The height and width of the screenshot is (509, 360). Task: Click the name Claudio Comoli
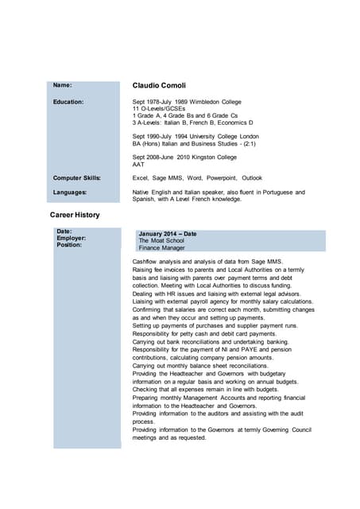coord(164,85)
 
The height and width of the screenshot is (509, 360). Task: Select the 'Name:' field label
coord(62,84)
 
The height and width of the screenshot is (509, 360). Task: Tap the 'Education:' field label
coord(68,102)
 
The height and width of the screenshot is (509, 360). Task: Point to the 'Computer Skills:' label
coord(78,177)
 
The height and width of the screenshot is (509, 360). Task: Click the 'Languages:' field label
coord(70,192)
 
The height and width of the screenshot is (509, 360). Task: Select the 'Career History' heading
coord(75,215)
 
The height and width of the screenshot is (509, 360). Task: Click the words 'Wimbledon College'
coord(215,102)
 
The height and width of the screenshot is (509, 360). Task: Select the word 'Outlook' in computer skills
coord(252,177)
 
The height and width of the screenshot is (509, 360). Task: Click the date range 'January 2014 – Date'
coord(167,233)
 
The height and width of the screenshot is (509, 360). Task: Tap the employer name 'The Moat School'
coord(163,240)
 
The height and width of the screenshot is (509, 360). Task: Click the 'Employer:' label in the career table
coord(72,238)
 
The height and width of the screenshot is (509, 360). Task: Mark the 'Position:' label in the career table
coord(71,245)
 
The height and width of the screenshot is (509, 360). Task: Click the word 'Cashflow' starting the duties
coord(145,262)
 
